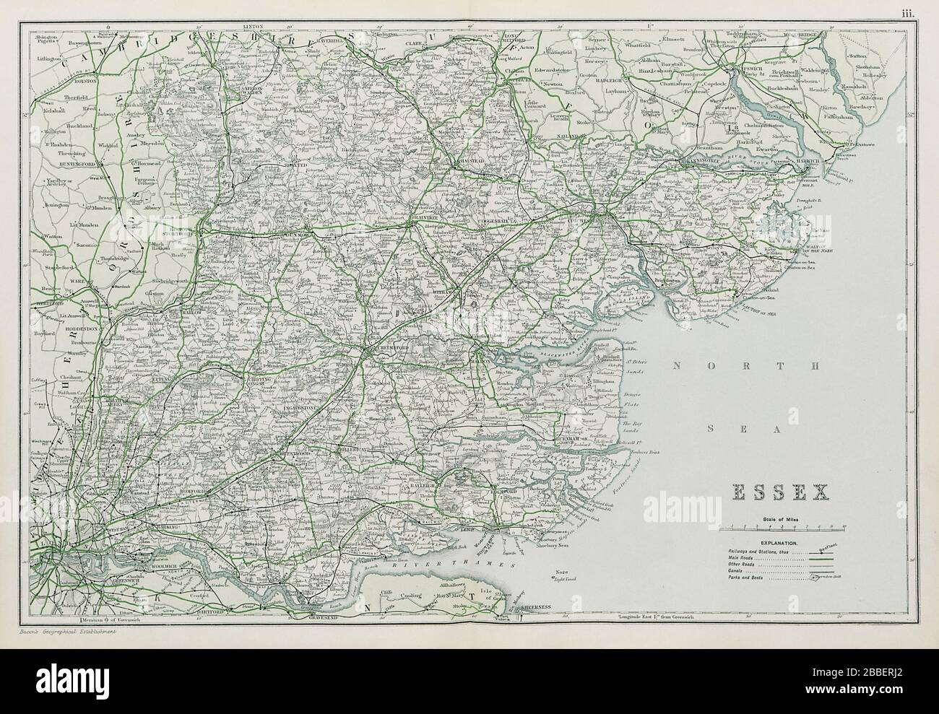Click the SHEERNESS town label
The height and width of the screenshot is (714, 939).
click(x=532, y=608)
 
